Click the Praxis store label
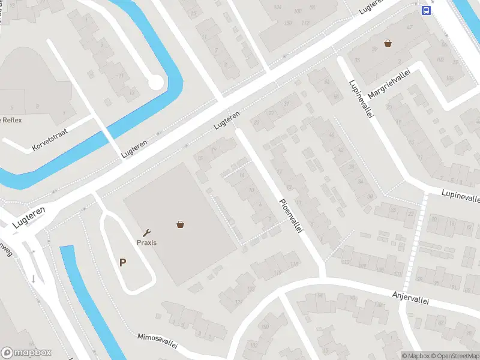pyautogui.click(x=146, y=242)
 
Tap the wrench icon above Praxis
pyautogui.click(x=146, y=232)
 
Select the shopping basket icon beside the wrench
pyautogui.click(x=180, y=225)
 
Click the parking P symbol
pyautogui.click(x=123, y=262)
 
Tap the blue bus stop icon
pyautogui.click(x=425, y=11)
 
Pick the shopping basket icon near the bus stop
pyautogui.click(x=388, y=43)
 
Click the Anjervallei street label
pyautogui.click(x=412, y=298)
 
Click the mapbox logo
pyautogui.click(x=26, y=352)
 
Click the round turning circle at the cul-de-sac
pyautogui.click(x=156, y=82)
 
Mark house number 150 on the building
pyautogui.click(x=288, y=23)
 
